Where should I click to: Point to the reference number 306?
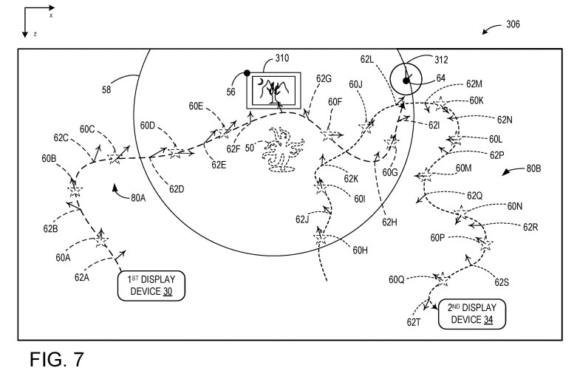point(512,24)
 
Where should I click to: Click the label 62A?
point(81,277)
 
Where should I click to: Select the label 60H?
point(360,250)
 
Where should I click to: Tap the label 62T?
point(414,321)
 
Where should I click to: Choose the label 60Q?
point(397,279)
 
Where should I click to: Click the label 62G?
point(323,78)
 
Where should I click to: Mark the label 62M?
point(474,85)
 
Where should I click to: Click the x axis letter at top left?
point(51,15)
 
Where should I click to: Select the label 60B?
point(49,158)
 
